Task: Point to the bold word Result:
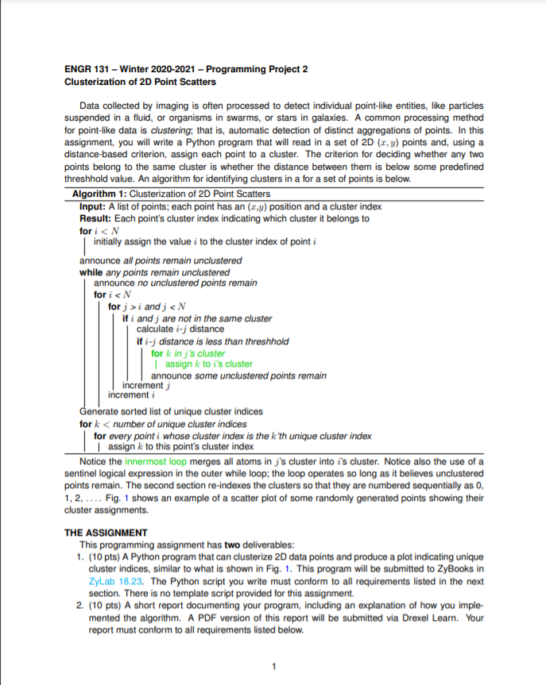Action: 96,218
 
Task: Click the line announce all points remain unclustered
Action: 161,261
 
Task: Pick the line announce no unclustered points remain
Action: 175,283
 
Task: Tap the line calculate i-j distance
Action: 180,329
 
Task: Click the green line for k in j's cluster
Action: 188,352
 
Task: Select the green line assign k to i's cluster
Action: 208,364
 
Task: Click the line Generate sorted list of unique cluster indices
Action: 171,412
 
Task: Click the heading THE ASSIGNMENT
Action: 106,533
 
